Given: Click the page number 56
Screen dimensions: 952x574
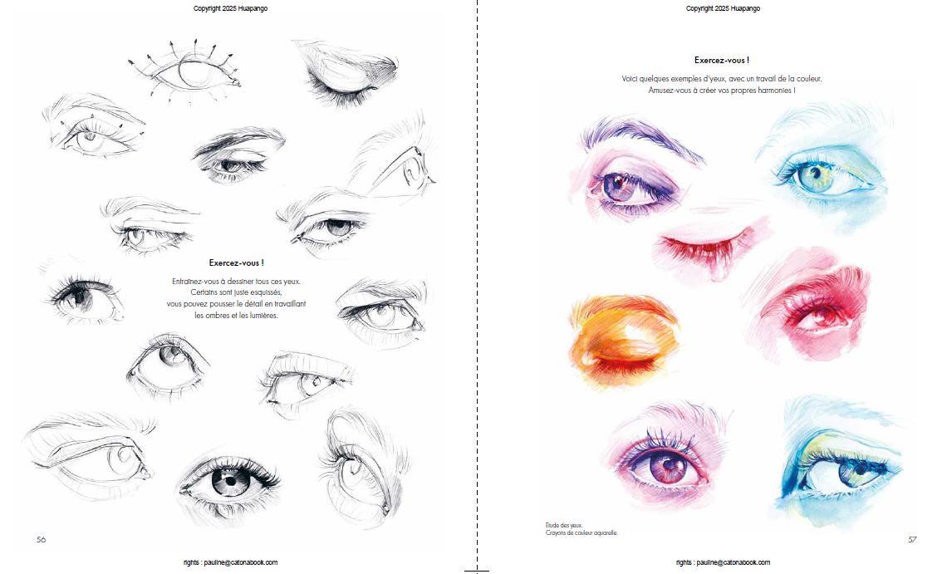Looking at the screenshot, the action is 42,539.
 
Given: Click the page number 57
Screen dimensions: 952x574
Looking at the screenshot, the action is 912,539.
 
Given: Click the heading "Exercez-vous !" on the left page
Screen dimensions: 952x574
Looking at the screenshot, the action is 236,263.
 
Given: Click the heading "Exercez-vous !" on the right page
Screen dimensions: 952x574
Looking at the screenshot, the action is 721,60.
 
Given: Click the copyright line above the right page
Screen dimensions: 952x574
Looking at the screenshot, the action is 723,8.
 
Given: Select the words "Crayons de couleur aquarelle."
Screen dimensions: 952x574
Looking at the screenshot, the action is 581,532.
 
